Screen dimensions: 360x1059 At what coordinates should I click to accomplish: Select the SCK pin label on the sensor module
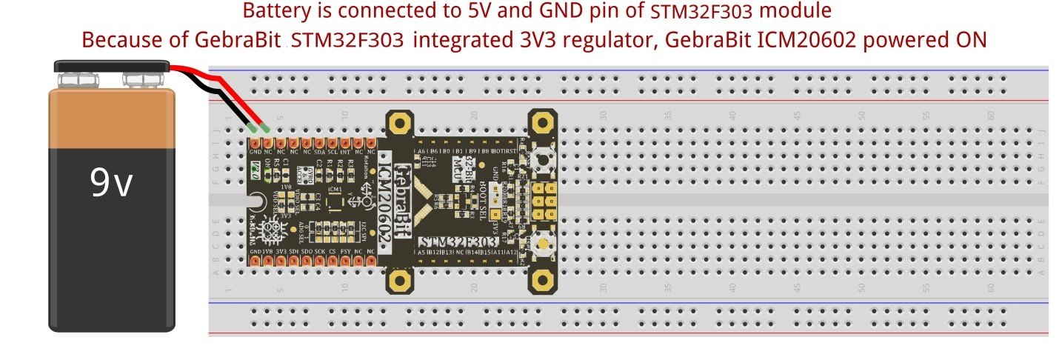[320, 252]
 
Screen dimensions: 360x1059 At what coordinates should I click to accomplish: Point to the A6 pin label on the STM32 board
[421, 150]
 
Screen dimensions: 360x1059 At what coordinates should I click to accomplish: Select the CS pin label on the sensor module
[333, 252]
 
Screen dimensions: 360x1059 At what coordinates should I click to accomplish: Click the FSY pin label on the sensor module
[345, 252]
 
